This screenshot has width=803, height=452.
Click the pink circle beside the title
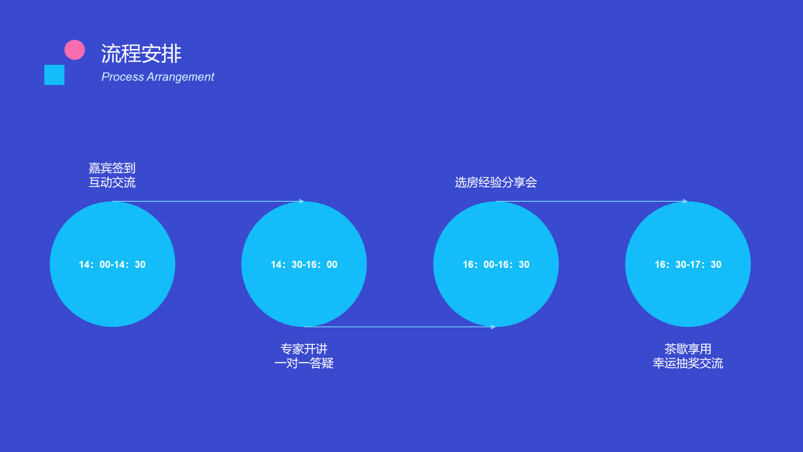(x=74, y=50)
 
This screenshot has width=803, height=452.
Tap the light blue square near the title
(x=54, y=75)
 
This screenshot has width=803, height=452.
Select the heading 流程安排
(x=141, y=54)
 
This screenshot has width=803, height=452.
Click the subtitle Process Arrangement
(x=158, y=77)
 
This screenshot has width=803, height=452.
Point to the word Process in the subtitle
(x=123, y=77)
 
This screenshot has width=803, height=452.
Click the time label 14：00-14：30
(x=112, y=265)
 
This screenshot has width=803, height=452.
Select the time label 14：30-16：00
(x=304, y=265)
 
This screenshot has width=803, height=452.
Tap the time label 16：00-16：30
(x=496, y=265)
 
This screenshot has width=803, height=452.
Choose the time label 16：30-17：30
(x=688, y=265)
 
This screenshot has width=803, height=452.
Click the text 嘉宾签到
(x=112, y=168)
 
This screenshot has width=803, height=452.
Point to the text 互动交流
(x=112, y=182)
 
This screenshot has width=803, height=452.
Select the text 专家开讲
(x=304, y=349)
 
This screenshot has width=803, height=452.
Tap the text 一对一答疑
(x=304, y=363)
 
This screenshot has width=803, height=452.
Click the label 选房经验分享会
(x=496, y=182)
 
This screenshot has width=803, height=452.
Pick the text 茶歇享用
(x=688, y=349)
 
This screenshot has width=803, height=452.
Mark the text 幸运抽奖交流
(x=688, y=363)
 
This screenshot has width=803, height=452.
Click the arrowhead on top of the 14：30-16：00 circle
(x=302, y=201)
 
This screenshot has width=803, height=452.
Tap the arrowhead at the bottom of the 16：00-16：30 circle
(x=494, y=327)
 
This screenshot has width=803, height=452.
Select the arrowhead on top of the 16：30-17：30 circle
(x=685, y=201)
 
